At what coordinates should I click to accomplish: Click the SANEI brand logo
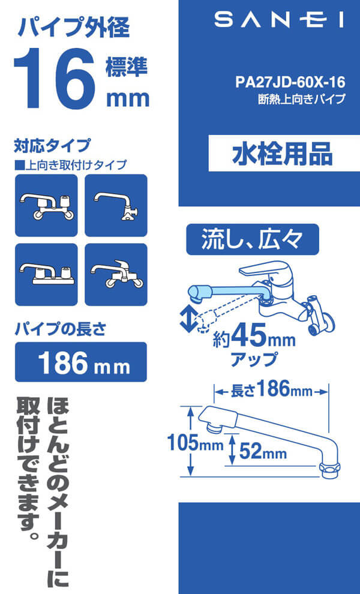(x=279, y=20)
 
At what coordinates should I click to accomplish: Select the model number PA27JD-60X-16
(x=290, y=82)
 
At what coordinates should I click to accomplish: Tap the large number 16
(x=54, y=78)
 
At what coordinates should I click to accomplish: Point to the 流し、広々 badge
(x=253, y=239)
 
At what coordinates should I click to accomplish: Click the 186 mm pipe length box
(x=81, y=362)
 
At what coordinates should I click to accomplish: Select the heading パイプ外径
(x=74, y=28)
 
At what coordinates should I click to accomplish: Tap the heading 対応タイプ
(x=52, y=145)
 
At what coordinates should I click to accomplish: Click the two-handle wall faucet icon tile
(x=46, y=205)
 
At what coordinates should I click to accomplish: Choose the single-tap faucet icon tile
(x=116, y=205)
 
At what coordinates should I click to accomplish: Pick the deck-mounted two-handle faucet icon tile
(x=46, y=275)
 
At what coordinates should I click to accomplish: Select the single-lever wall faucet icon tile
(x=116, y=275)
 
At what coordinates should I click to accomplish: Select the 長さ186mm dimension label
(x=272, y=390)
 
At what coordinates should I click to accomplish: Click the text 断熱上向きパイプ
(x=302, y=99)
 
